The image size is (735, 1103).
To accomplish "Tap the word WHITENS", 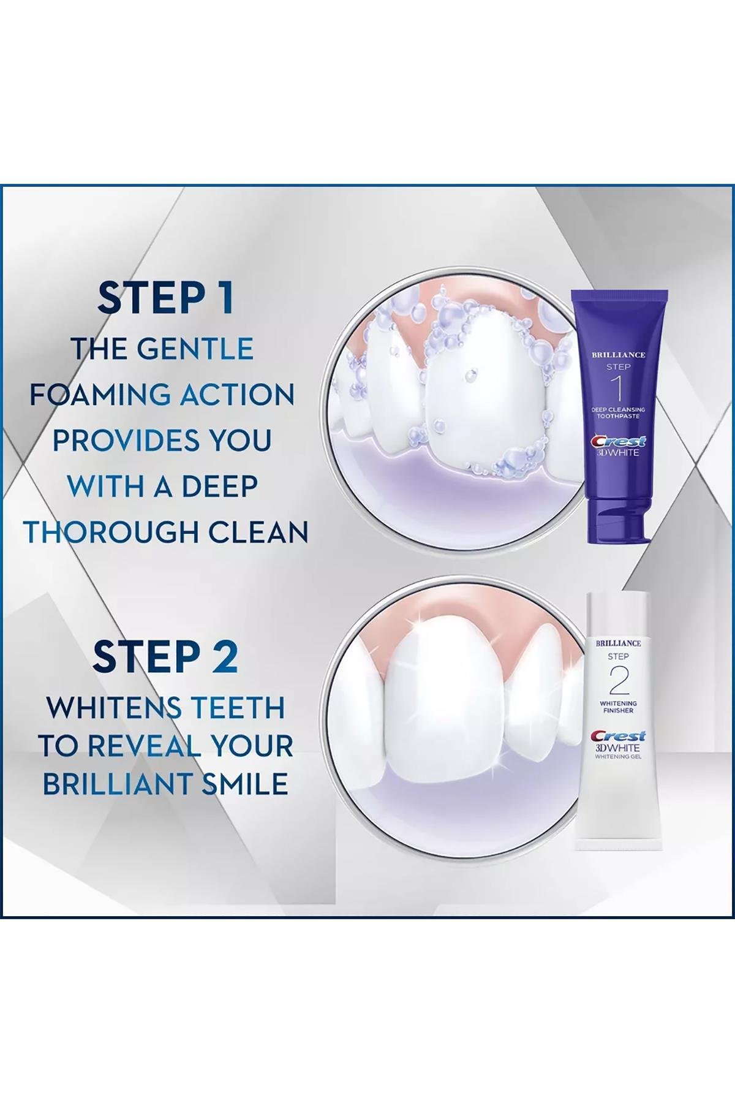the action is (x=105, y=708).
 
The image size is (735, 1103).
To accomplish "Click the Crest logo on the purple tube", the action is (x=618, y=441).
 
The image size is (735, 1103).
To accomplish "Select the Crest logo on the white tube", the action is (x=617, y=736).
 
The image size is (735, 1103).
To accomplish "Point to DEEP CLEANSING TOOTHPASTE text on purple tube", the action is (x=618, y=412).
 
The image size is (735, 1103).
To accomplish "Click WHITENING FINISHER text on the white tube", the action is (x=617, y=707).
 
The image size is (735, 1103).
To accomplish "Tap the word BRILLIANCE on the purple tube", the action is (x=618, y=355).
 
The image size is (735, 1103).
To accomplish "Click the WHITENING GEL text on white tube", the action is (x=617, y=757).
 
